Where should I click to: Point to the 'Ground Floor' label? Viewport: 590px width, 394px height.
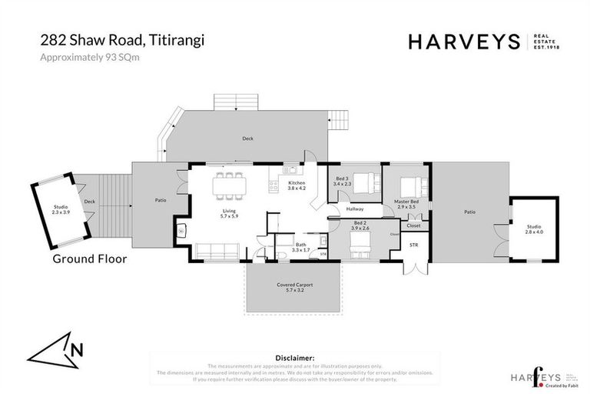pos(89,259)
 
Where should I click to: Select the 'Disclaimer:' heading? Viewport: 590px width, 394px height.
pos(294,358)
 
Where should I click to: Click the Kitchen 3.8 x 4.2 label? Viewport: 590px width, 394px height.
pos(297,185)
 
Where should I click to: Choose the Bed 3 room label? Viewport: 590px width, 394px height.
pos(343,182)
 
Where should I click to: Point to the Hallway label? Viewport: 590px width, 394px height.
pos(354,209)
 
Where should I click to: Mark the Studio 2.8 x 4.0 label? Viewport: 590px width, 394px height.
pos(533,229)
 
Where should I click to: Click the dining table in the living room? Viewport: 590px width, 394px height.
pos(229,182)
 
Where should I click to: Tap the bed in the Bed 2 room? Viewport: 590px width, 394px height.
pos(361,247)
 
